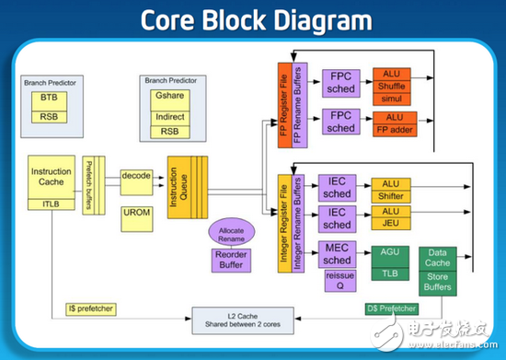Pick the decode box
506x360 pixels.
(136, 175)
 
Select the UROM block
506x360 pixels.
(135, 213)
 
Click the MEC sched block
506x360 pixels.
(338, 254)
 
